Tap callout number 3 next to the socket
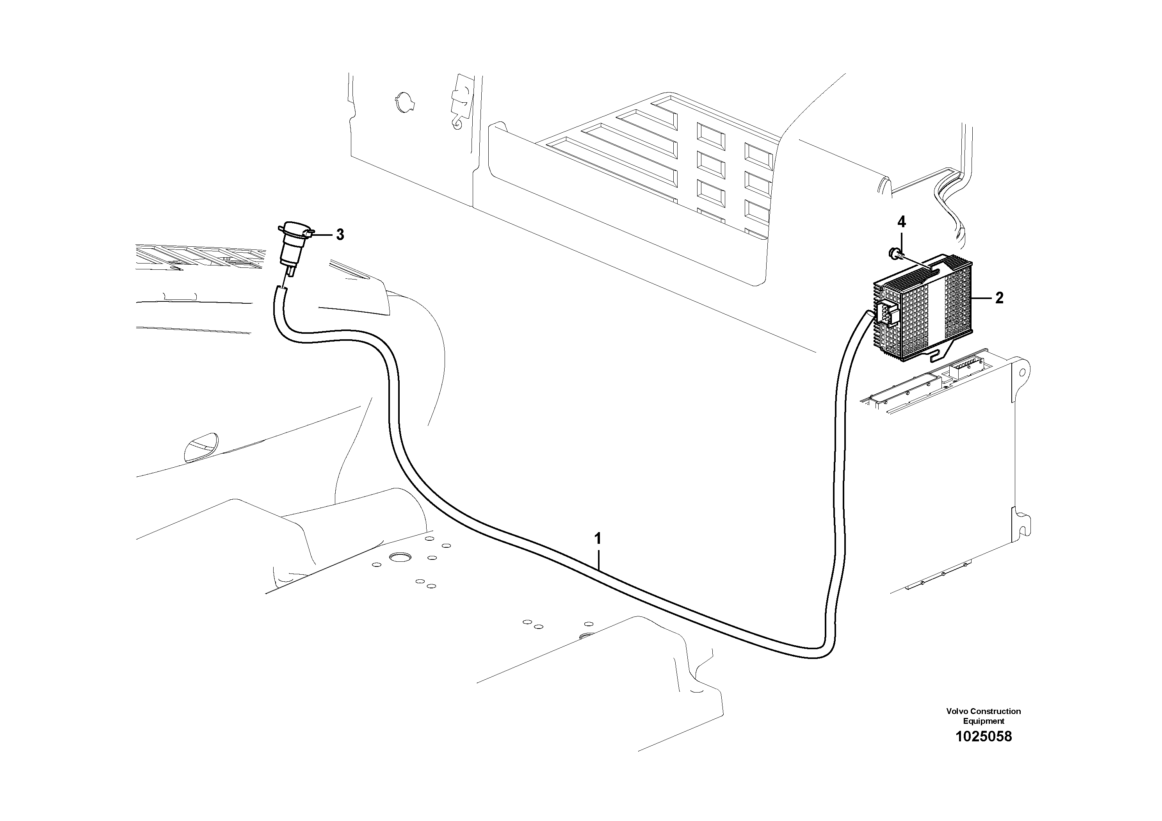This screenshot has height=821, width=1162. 340,235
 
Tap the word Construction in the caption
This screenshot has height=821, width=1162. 995,711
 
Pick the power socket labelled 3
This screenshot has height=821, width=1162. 292,248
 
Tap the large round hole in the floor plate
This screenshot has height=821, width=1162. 401,558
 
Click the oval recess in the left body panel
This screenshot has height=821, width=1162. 201,447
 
